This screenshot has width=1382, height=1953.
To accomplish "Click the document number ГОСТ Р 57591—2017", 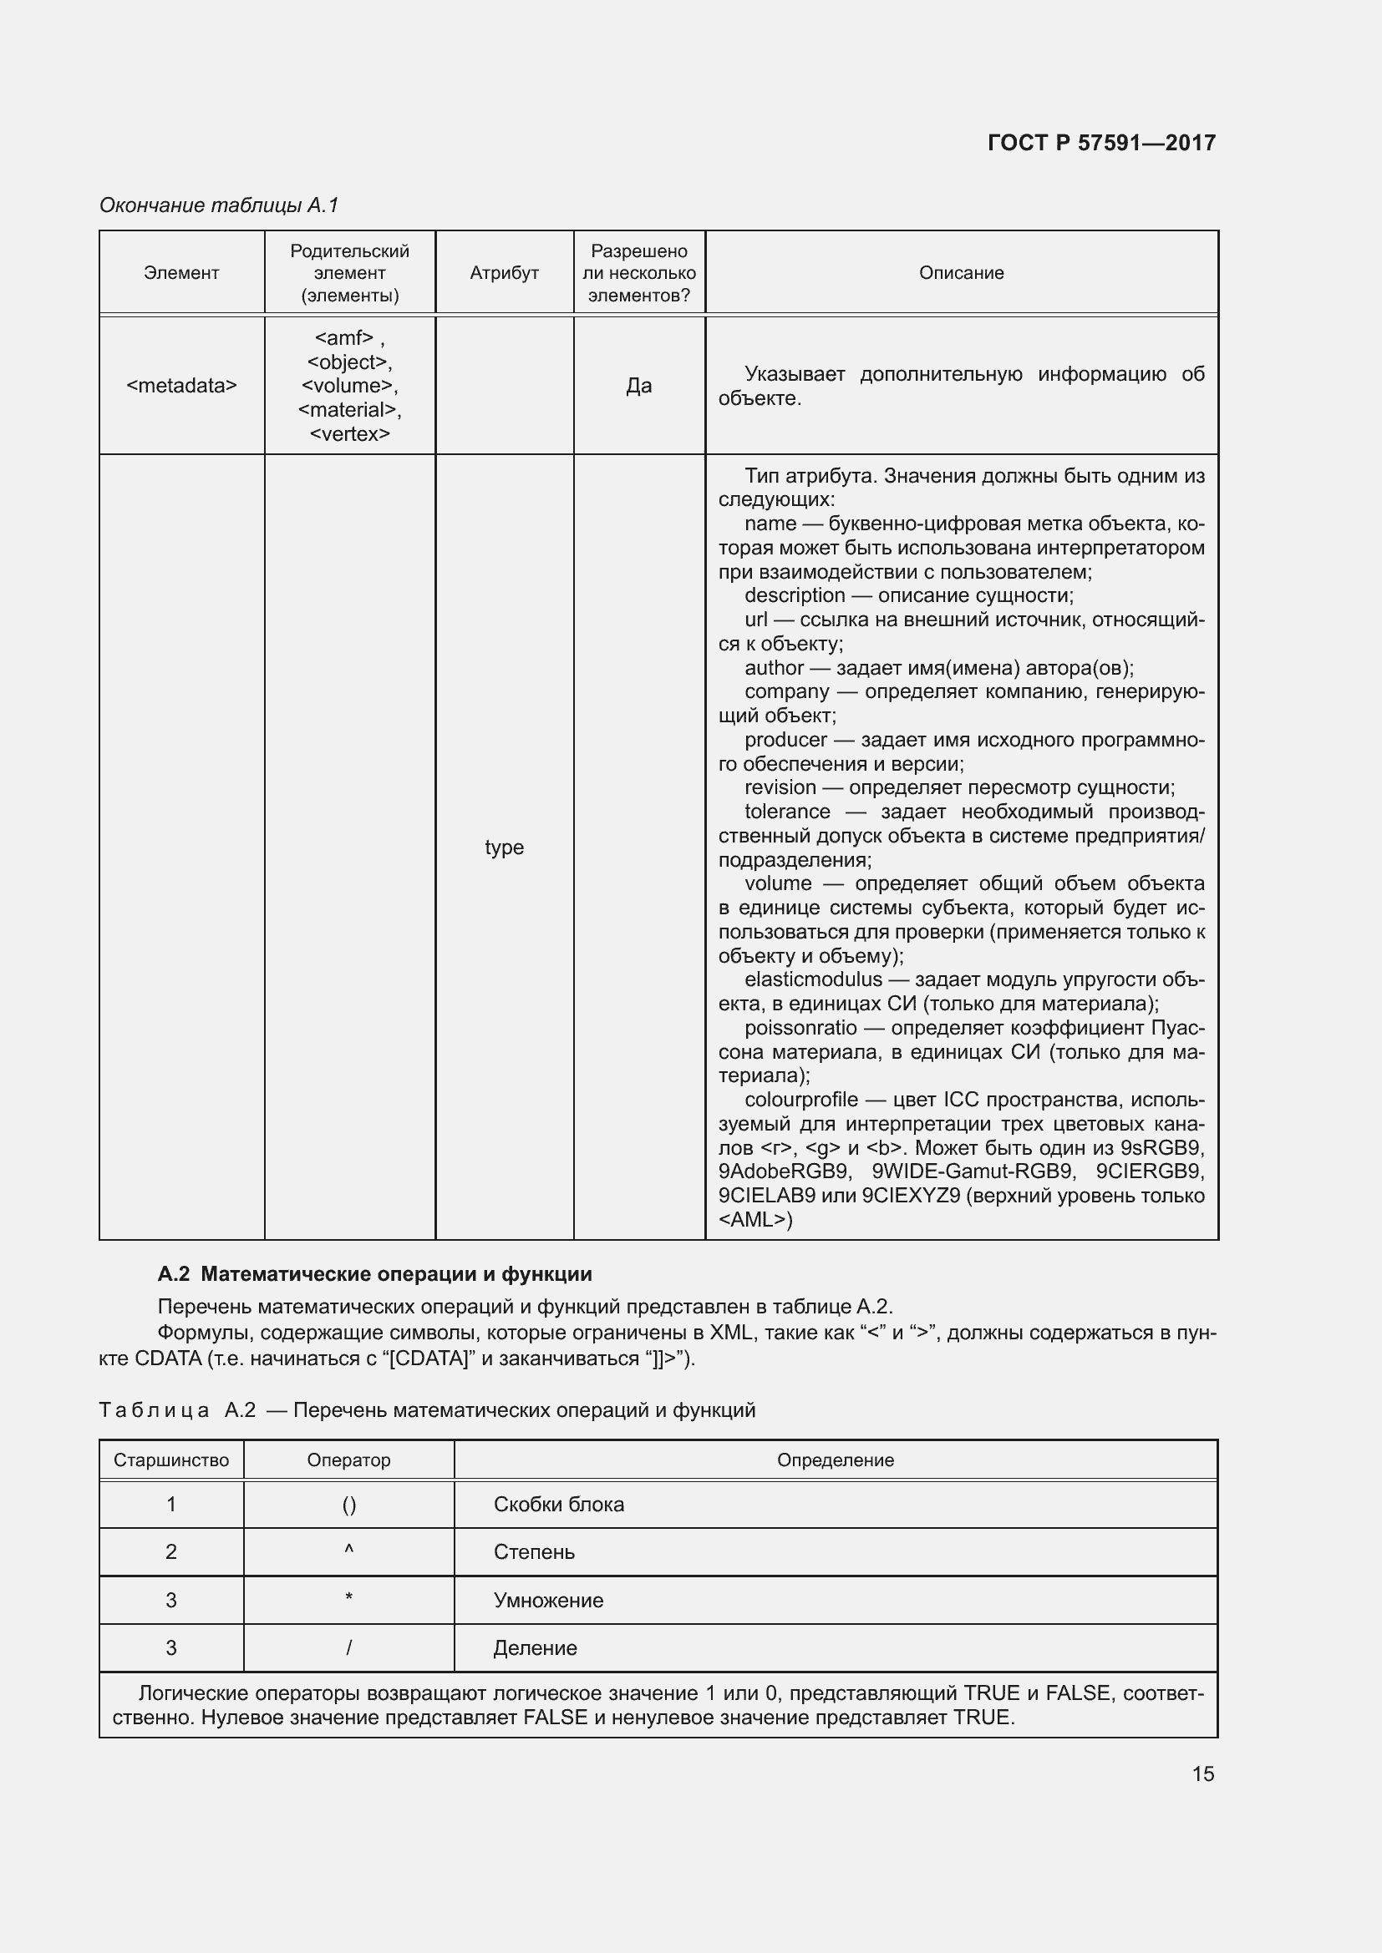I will point(1101,143).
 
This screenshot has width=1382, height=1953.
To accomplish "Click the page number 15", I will point(1202,1773).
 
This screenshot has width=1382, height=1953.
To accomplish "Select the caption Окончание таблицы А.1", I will point(219,205).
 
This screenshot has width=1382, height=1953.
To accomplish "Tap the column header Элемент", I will point(181,273).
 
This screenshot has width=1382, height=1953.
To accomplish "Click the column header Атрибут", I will point(504,273).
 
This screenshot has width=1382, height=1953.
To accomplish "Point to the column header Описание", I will point(961,273).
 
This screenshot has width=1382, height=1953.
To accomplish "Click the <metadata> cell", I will point(181,385).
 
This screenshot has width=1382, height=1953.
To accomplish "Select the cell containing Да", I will point(638,385).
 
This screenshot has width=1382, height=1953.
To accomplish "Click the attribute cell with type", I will point(504,847).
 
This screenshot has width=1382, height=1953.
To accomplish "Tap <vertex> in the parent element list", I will point(350,434).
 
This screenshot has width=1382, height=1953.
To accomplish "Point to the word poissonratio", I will point(800,1028).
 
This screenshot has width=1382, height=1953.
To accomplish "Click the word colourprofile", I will point(800,1100).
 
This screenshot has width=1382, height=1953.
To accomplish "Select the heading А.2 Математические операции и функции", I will point(374,1274).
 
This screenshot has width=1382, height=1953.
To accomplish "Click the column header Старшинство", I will point(171,1460).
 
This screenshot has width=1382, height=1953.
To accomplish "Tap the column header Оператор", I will point(349,1460).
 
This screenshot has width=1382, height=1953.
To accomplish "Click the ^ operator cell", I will point(349,1551).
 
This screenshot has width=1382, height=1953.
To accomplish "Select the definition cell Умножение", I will point(548,1600).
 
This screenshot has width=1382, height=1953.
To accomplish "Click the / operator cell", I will point(349,1647).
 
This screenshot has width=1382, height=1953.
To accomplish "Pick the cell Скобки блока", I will point(558,1504).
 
